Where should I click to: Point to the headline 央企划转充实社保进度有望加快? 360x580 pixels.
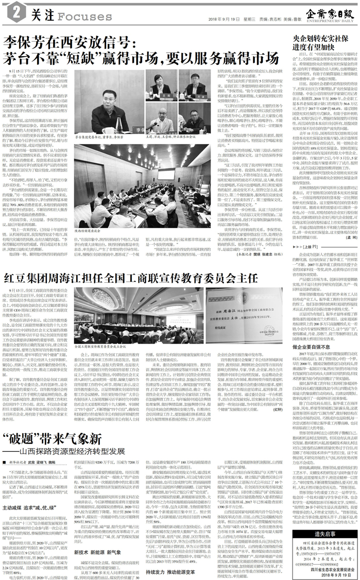(x=323, y=43)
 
